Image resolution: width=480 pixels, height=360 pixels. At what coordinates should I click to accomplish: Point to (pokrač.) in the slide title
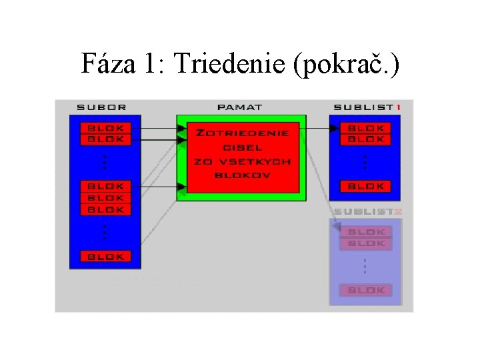click(x=350, y=65)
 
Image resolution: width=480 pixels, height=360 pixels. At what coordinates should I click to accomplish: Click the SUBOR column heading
click(x=101, y=107)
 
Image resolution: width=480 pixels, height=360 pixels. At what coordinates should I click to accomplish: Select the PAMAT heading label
click(x=239, y=107)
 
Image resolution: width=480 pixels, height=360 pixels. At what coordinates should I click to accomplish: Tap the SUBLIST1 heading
click(x=367, y=107)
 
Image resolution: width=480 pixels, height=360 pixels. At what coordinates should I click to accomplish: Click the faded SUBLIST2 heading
click(x=367, y=211)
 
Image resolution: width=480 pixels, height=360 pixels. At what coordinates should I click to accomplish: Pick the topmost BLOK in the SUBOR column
click(x=105, y=127)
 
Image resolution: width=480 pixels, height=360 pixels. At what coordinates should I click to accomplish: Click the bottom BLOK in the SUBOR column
click(x=105, y=256)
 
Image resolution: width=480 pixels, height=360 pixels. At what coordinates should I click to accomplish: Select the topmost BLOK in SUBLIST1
click(x=366, y=127)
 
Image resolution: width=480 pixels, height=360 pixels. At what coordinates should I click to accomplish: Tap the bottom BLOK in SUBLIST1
click(x=366, y=186)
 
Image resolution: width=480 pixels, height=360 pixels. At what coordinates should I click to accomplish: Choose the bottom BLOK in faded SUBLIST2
click(x=366, y=290)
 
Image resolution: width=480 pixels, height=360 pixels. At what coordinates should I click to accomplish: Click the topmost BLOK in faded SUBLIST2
click(x=366, y=231)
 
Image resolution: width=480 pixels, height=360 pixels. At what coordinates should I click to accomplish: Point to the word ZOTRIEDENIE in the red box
click(x=242, y=133)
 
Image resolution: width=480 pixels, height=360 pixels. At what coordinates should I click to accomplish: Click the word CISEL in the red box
click(x=242, y=147)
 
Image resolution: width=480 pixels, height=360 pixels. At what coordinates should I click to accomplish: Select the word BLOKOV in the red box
click(x=242, y=175)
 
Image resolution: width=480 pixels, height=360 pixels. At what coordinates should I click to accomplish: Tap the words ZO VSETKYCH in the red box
click(x=242, y=161)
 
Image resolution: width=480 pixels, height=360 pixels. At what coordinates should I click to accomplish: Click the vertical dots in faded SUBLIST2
click(x=365, y=266)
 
